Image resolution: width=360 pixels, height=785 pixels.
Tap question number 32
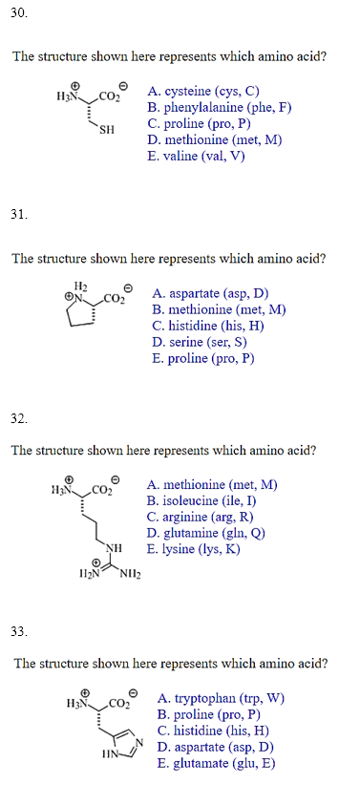pos(19,417)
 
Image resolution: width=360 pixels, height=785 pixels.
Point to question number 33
pos(19,631)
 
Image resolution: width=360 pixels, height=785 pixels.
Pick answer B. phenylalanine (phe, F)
pos(219,108)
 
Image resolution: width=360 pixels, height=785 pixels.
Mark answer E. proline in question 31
pos(202,359)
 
